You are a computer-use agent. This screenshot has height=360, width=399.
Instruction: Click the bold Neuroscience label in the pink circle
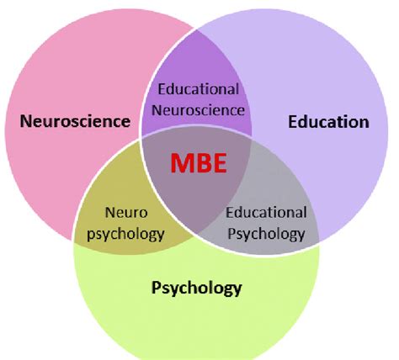(76, 122)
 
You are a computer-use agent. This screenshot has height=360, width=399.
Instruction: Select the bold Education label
(328, 122)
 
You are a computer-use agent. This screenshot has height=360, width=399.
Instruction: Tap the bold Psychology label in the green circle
(196, 289)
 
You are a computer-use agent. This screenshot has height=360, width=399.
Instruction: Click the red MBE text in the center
(199, 162)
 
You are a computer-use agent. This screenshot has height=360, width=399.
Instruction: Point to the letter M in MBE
(179, 162)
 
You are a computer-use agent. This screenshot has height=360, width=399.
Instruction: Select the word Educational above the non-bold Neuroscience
(199, 89)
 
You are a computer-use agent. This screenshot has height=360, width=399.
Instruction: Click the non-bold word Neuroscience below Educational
(199, 109)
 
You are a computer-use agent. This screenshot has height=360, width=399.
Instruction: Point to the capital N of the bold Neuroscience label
(26, 122)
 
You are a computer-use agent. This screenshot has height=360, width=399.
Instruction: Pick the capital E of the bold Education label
(293, 122)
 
